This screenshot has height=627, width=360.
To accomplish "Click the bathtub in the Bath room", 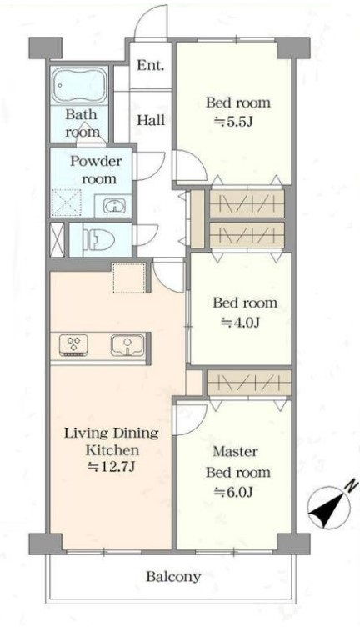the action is pos(80,86).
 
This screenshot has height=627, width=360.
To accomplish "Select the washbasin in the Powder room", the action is pos(115,206).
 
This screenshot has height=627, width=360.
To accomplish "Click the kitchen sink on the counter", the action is pos(127,345).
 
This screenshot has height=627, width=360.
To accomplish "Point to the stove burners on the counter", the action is pos(74,345).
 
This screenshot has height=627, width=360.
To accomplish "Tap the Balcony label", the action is pos(173,577).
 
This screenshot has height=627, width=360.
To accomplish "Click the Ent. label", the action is pos(151,66).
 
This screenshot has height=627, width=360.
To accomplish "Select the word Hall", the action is pos(151,120).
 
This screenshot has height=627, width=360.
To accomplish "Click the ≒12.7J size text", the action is pos(112,467).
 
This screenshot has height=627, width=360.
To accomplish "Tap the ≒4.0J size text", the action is pos(241,322).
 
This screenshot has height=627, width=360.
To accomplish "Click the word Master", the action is pos(235,452).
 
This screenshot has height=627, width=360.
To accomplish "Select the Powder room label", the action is pos(96,169).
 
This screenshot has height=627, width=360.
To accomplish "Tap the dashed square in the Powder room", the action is pos(67,203).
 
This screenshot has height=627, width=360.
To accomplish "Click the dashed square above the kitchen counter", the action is pos(128,278).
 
